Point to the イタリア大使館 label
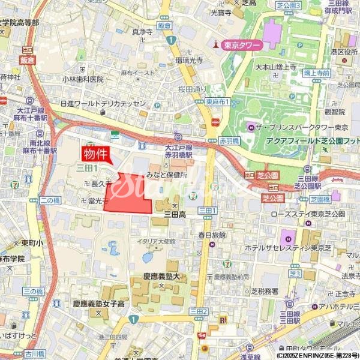click(x=157, y=241)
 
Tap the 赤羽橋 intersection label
click(x=229, y=140)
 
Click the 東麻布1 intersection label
click(x=217, y=102)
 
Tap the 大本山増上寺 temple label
click(x=276, y=68)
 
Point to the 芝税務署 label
click(x=264, y=291)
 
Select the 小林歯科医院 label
click(x=83, y=79)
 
